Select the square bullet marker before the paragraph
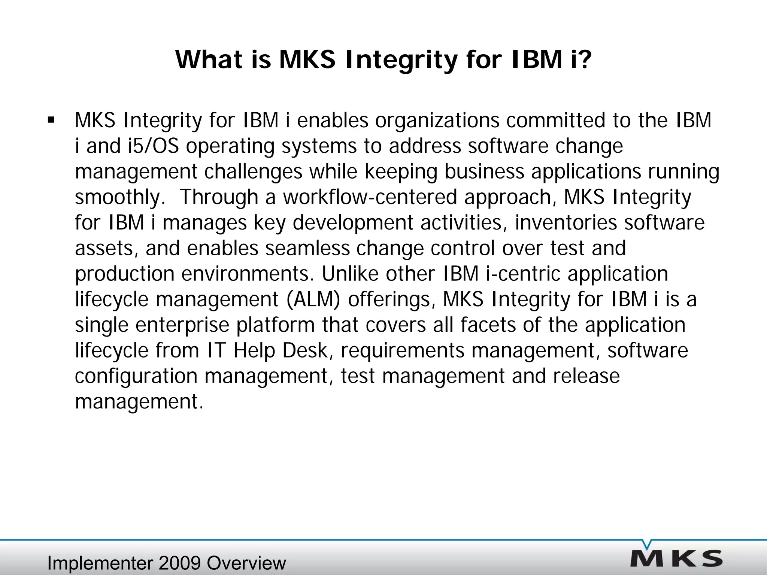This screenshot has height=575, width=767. coord(51,121)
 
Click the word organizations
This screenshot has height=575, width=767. coord(437,121)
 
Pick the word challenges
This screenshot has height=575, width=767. coord(253,172)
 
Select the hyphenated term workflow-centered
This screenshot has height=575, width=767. coord(370,197)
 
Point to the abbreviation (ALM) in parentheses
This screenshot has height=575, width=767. coord(313,299)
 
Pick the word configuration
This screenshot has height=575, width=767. coord(136,376)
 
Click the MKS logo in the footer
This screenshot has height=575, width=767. coord(676,559)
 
